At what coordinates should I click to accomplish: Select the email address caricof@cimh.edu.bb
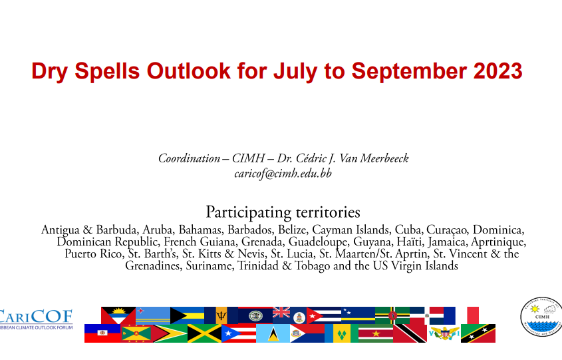283,174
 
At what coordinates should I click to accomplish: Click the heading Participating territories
283,212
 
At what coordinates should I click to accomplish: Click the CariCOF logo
36,319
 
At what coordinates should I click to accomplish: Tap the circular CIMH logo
541,317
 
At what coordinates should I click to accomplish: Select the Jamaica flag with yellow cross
204,333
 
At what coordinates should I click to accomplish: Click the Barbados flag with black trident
221,315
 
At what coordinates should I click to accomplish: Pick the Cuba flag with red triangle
324,315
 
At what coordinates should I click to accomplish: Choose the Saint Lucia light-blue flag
273,333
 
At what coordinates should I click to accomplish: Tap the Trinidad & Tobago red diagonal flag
410,333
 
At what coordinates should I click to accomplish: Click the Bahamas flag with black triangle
187,315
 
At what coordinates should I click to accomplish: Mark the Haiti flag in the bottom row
102,333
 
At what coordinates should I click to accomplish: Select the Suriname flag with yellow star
376,333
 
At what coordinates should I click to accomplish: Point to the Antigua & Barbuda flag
118,315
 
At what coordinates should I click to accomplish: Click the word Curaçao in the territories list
447,230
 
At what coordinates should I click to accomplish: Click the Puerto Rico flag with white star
239,333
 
